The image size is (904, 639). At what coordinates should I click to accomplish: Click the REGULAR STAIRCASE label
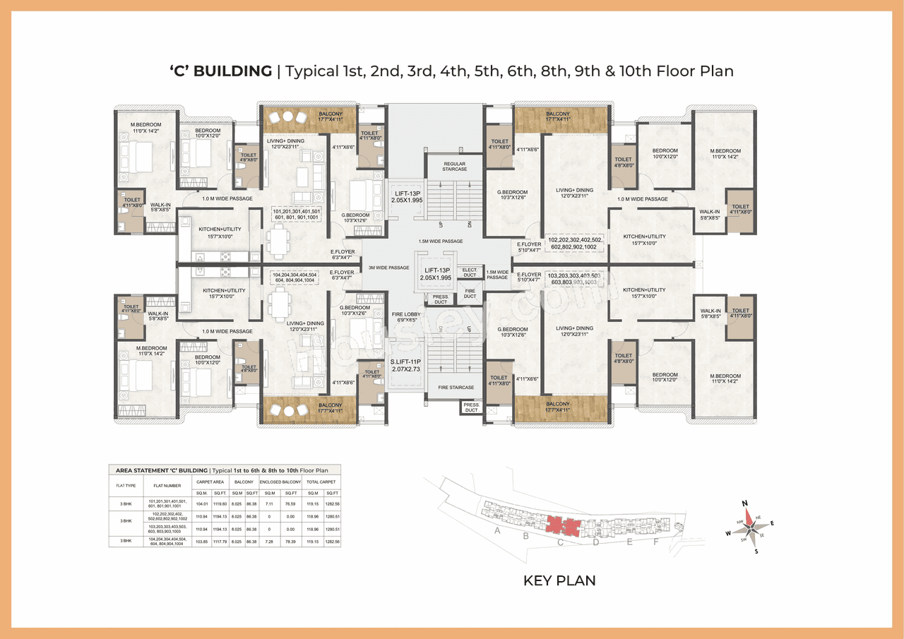click(455, 167)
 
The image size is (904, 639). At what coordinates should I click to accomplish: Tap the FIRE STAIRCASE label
click(456, 388)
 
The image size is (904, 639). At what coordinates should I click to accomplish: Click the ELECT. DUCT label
click(470, 273)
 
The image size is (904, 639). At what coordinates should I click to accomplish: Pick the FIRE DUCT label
click(470, 294)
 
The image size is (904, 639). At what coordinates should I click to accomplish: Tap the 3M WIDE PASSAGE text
click(388, 268)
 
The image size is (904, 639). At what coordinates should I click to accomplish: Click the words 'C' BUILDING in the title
click(221, 71)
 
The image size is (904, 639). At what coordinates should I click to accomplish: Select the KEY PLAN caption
click(559, 580)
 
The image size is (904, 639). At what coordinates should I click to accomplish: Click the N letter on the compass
click(744, 503)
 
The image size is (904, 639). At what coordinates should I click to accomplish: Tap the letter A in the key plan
click(497, 530)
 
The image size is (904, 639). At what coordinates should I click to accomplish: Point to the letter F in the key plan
click(655, 542)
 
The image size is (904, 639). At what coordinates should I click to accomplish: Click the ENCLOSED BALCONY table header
click(280, 482)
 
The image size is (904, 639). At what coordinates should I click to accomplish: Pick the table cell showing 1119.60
click(219, 504)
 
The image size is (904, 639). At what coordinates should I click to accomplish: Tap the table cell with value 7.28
click(269, 542)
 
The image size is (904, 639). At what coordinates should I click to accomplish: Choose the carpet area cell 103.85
click(202, 542)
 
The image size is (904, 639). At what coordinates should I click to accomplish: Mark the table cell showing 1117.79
click(219, 542)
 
